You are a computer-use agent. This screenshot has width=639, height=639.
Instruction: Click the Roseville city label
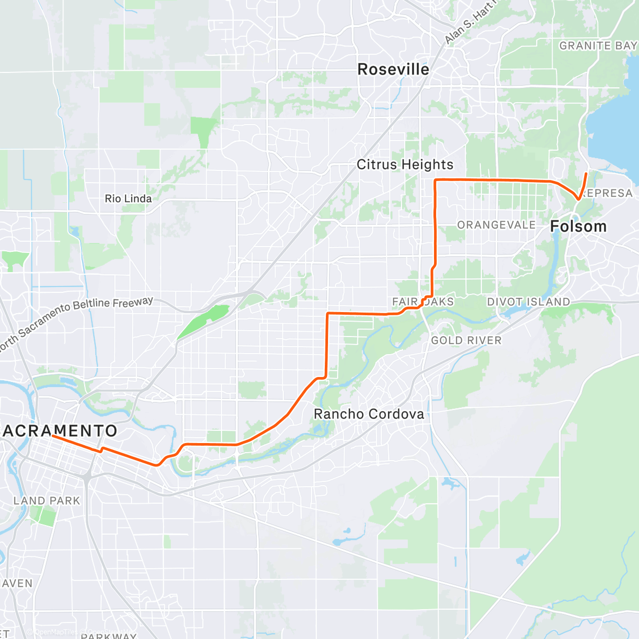tap(393, 69)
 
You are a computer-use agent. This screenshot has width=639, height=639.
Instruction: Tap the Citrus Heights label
tap(405, 165)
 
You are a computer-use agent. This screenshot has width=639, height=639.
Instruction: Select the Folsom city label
tap(578, 226)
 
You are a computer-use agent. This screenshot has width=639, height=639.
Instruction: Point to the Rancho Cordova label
tap(368, 414)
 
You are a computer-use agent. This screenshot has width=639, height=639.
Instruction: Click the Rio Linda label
tap(128, 199)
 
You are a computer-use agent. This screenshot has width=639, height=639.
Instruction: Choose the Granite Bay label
tap(597, 46)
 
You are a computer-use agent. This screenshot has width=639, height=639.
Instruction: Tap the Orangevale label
tap(496, 225)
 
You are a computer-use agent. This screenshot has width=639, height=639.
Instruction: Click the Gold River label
tap(466, 340)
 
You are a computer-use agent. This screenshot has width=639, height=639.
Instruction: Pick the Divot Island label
tap(528, 302)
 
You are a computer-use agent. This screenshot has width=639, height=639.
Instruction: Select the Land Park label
tap(46, 501)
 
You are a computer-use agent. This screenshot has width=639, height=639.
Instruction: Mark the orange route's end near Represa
tap(586, 174)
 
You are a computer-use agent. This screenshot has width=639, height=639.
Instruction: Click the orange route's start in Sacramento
tap(53, 436)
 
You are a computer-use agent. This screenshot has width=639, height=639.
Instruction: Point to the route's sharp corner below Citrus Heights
tap(436, 181)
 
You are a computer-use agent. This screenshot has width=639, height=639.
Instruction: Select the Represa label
tap(607, 193)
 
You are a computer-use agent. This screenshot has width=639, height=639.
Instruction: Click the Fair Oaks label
tap(423, 302)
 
